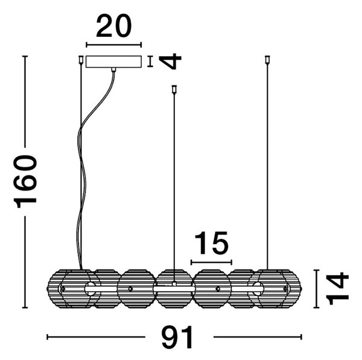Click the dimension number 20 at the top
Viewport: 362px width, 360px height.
114,26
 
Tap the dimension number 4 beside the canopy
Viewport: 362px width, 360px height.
170,61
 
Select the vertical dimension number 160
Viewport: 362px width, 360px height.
25,182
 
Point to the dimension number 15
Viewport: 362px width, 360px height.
212,243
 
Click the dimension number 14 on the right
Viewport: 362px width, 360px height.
337,288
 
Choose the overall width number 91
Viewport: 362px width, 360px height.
177,337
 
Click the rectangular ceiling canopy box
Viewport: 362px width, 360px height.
113,62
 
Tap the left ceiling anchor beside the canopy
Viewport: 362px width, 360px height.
81,60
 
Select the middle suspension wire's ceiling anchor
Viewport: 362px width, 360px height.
174,89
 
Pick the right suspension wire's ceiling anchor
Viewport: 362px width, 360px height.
267,60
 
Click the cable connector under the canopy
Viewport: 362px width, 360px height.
113,70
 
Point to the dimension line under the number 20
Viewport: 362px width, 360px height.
113,45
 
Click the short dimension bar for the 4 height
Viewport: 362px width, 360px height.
150,62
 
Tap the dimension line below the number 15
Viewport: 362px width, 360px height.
212,262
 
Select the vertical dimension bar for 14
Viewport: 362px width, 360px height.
316,288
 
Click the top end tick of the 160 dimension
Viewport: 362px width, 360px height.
25,56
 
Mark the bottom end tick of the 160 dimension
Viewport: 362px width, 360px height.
25,308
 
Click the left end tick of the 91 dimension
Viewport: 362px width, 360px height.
47,337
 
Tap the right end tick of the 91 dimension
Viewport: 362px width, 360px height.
301,337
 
